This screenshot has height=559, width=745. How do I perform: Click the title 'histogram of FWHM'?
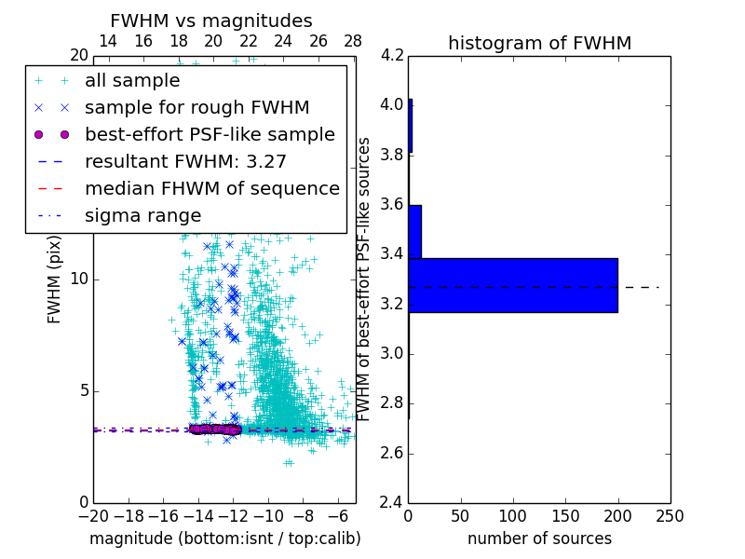(539, 44)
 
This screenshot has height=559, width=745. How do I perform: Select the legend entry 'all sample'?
(132, 81)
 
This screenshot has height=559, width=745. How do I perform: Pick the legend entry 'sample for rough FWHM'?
(196, 108)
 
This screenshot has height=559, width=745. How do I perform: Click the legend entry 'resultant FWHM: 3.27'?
(185, 162)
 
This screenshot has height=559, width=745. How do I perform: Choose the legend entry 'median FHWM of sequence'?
(211, 189)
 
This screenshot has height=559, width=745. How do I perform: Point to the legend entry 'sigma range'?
(142, 216)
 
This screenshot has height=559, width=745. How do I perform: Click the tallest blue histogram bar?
(513, 285)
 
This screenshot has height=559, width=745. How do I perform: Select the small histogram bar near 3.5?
(414, 232)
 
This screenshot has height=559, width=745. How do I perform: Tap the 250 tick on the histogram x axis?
(670, 516)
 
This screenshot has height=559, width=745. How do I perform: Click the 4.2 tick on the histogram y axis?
(392, 55)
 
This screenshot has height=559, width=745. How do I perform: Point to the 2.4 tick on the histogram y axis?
(392, 503)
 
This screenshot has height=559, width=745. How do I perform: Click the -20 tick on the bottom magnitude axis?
(93, 516)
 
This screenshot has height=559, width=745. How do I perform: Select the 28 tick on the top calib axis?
(352, 42)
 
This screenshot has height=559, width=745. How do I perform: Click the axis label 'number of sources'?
(539, 539)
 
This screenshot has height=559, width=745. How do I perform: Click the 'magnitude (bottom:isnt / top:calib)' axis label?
(224, 539)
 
